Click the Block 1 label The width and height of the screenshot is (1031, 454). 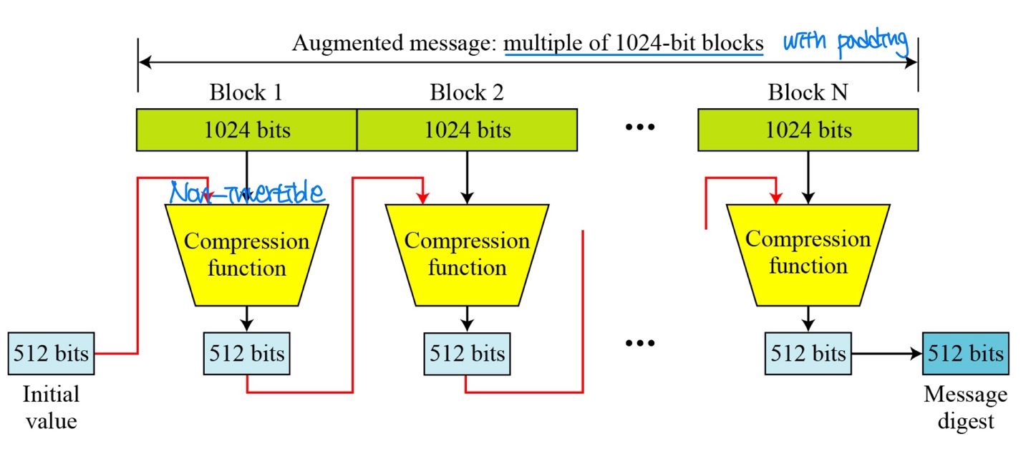point(246,92)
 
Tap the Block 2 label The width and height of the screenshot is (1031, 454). point(466,92)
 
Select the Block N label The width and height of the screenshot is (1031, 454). point(808,92)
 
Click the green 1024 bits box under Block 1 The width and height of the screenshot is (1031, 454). point(246,130)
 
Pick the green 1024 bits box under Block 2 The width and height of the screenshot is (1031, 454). point(467,130)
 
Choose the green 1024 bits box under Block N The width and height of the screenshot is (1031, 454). point(808,130)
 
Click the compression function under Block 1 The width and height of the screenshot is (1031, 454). point(246,254)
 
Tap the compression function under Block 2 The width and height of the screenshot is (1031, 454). point(467,254)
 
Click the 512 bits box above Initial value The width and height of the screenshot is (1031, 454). point(51,353)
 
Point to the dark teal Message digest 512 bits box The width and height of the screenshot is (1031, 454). point(965,353)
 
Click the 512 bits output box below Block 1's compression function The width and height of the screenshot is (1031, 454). point(246,353)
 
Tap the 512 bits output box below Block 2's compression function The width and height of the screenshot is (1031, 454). point(467,353)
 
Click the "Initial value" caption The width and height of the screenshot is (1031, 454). point(51,407)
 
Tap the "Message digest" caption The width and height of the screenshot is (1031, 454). point(965,407)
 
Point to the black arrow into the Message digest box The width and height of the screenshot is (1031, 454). point(886,353)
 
